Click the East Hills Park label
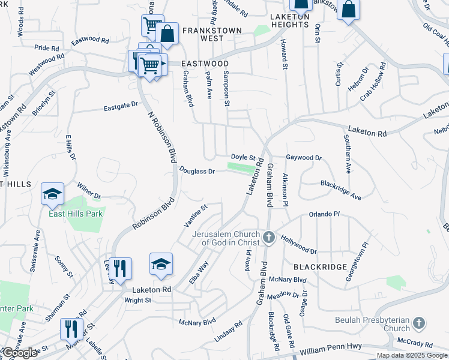(x=76, y=214)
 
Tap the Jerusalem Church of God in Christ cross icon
(x=268, y=238)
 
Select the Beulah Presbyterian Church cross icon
(x=419, y=324)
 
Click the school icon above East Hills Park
(x=53, y=194)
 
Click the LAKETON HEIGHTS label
(x=289, y=20)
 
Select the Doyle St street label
(x=244, y=157)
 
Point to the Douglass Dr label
(x=197, y=172)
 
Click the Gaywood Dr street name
(x=304, y=158)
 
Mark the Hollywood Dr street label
(x=298, y=244)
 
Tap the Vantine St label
(x=195, y=215)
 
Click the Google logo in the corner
(x=19, y=353)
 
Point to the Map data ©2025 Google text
(x=412, y=355)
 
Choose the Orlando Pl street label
(x=324, y=214)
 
